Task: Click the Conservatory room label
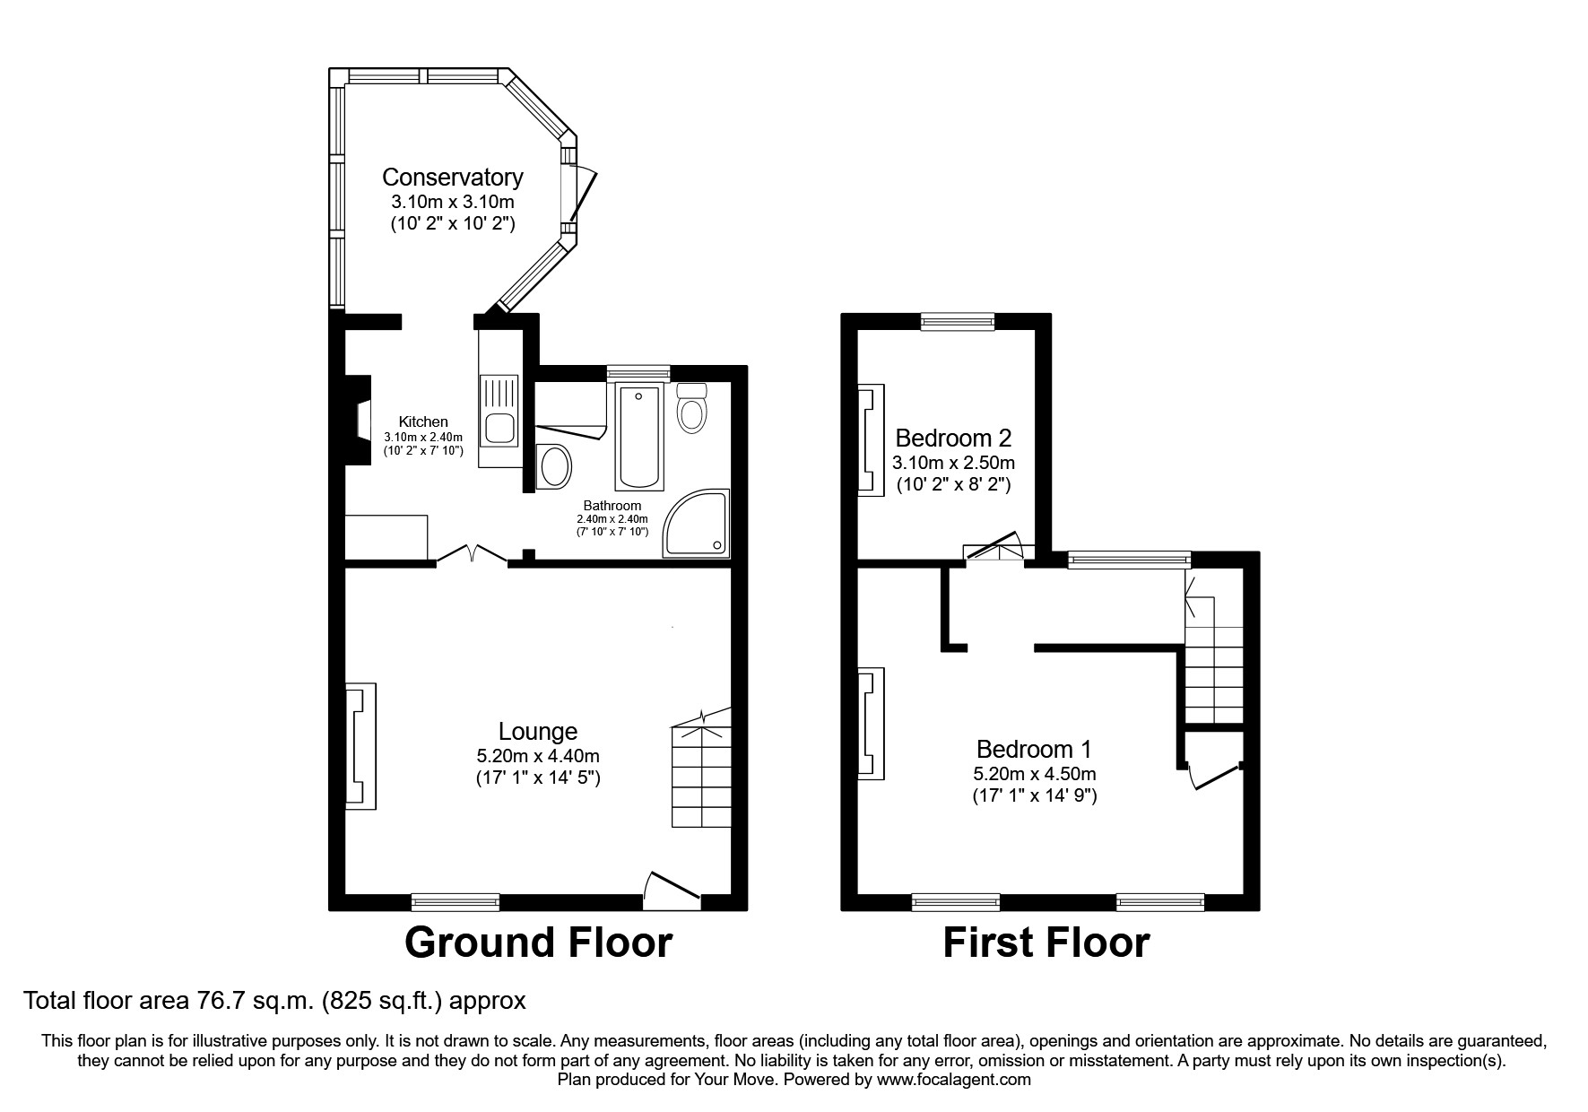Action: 452,177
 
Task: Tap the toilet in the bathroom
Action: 691,410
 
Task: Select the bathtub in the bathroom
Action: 638,437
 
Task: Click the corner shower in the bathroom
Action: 699,526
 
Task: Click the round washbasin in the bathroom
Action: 556,467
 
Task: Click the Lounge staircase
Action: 702,772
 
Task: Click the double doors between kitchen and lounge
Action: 473,555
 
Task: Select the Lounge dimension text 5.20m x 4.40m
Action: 538,756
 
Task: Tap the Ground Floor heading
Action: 538,943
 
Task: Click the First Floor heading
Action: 1046,943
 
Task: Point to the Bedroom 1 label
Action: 1034,749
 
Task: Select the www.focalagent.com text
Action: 954,1080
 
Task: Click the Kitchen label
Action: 423,421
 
